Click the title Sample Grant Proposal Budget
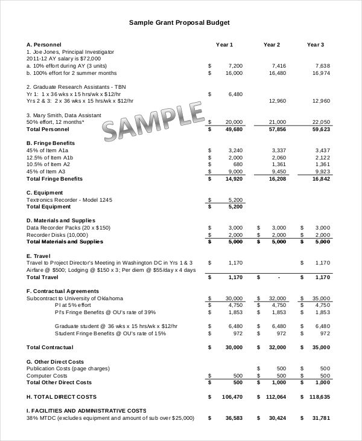(x=179, y=22)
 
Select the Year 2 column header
(x=271, y=45)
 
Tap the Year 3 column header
(x=316, y=45)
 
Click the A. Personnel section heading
(x=44, y=45)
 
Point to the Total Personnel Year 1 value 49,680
(x=233, y=129)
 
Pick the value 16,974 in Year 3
(x=321, y=72)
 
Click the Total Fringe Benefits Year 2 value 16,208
(x=277, y=179)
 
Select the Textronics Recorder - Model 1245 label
(x=69, y=199)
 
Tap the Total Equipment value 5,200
(x=235, y=207)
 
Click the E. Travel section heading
(x=39, y=256)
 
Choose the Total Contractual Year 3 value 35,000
(x=321, y=347)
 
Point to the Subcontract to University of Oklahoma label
(x=75, y=298)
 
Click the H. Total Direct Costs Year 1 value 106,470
(x=232, y=397)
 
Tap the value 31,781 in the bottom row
(x=321, y=418)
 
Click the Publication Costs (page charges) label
(x=68, y=369)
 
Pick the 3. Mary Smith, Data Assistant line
(x=64, y=115)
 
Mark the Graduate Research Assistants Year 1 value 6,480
(x=235, y=94)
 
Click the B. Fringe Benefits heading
(x=51, y=143)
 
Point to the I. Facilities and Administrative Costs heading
(x=86, y=411)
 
